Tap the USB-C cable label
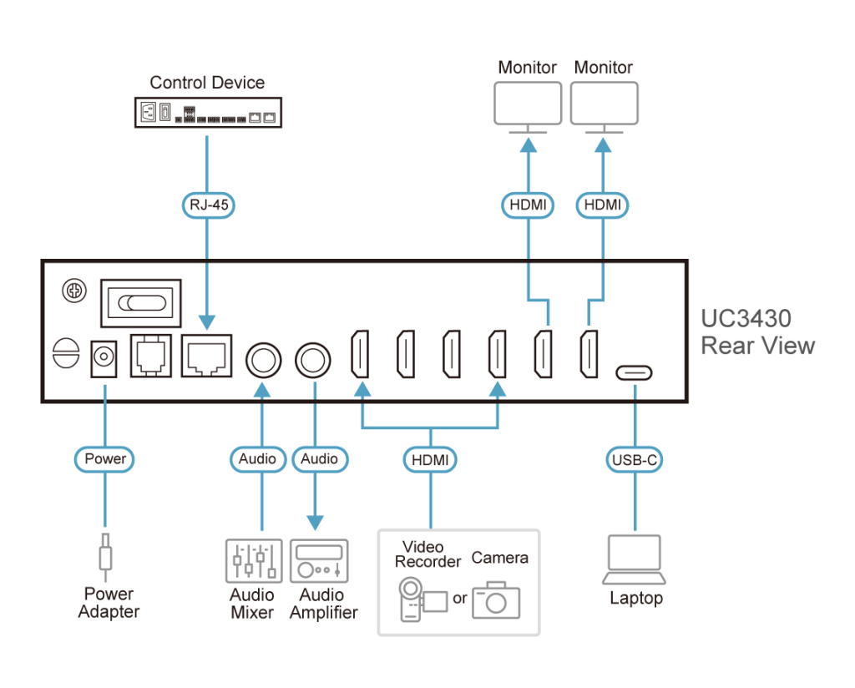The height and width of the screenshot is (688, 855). click(635, 458)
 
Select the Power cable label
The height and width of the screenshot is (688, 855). click(105, 458)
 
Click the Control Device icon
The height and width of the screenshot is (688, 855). click(208, 112)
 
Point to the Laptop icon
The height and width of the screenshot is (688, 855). click(635, 559)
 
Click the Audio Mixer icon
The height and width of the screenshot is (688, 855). click(252, 560)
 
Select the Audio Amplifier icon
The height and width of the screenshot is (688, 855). click(319, 560)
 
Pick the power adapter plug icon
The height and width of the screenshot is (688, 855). click(105, 556)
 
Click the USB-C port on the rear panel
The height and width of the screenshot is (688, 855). click(635, 372)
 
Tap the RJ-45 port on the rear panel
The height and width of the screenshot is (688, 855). click(206, 357)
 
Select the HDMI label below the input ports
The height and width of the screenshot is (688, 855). click(430, 458)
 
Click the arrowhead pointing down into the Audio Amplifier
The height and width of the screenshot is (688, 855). click(315, 524)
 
